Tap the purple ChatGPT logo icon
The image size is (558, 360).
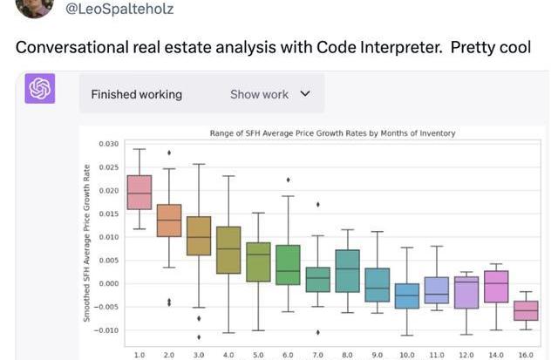40,90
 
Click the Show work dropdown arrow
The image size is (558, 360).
304,93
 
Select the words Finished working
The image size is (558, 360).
136,94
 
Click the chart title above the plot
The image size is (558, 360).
333,133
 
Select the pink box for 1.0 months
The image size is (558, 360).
139,192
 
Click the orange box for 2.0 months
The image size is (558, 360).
169,220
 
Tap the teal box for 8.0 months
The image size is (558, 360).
347,270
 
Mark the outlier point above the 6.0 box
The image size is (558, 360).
288,180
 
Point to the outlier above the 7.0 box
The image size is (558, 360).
317,204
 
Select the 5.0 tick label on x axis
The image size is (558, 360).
258,355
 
